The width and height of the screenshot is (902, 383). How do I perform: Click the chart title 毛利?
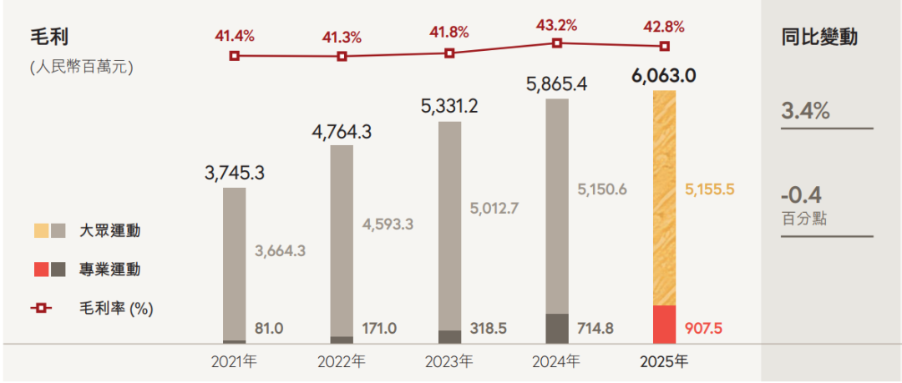pos(48,38)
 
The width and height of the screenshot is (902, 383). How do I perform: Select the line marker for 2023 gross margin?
pos(449,53)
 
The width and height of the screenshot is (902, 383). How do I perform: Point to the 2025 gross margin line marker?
pos(665,46)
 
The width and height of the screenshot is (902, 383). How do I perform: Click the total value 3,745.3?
pos(234,174)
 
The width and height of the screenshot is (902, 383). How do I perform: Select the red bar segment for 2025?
pos(665,324)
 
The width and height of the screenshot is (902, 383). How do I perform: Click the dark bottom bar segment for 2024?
pos(557,328)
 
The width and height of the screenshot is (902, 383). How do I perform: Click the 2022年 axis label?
pos(342,363)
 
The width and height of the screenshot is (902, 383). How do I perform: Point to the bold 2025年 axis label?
pos(665,363)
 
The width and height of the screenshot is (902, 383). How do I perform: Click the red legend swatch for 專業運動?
pos(39,270)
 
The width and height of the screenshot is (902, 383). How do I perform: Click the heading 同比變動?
pos(819,38)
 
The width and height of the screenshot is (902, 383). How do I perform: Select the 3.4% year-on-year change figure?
pos(805,110)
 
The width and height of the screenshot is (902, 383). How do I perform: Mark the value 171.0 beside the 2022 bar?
pos(378,329)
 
